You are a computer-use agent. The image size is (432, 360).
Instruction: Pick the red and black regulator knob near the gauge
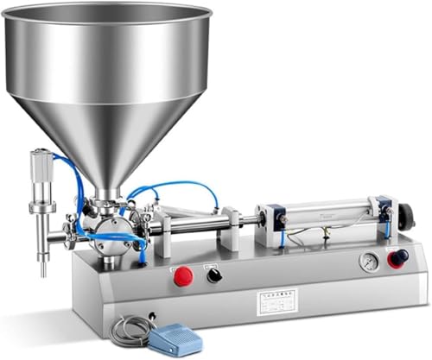tap(398, 259)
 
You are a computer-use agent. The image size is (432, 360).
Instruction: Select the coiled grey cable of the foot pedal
tap(129, 330)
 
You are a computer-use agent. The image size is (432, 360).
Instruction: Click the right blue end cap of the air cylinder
tap(383, 210)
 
